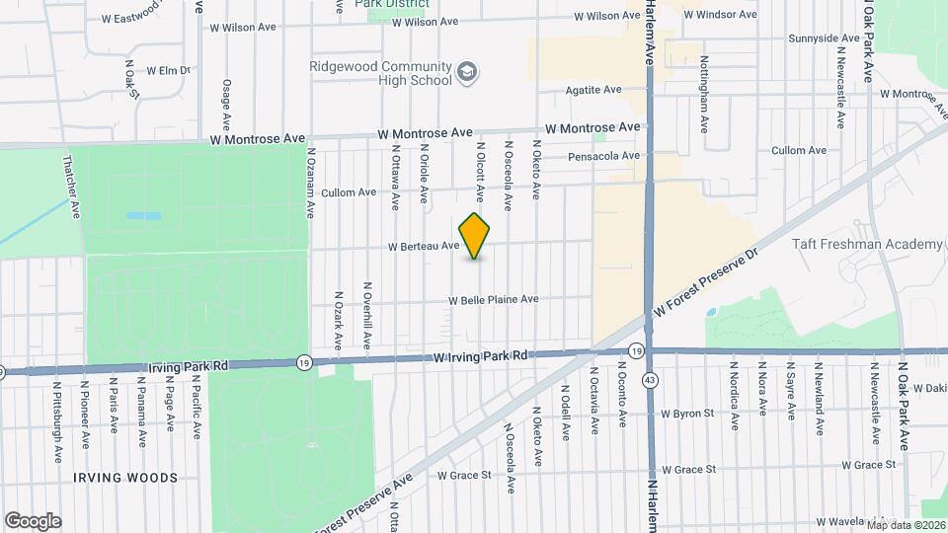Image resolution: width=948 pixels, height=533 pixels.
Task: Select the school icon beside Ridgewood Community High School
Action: [466, 71]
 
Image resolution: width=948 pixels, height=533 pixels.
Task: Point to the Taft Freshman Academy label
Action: [867, 245]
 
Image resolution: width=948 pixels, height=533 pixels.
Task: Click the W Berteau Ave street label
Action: [425, 246]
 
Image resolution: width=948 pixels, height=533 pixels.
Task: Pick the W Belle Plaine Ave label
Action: [493, 299]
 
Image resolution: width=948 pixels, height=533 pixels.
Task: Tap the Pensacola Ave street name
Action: [603, 156]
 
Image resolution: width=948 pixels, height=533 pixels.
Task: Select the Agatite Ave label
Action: [593, 90]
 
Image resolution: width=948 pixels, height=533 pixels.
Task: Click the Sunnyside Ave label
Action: [824, 38]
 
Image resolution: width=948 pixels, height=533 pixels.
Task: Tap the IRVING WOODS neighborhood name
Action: [125, 478]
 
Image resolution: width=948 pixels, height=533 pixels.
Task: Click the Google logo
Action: [33, 521]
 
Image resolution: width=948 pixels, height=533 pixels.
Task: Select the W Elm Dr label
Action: [168, 71]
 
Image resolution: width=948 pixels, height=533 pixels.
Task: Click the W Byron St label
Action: [687, 414]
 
